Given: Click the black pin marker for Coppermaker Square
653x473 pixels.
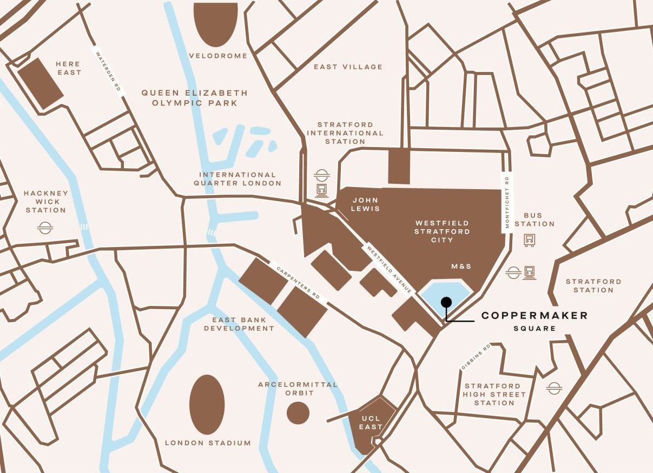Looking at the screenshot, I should tap(446, 302).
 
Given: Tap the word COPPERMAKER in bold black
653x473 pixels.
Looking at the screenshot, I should tap(534, 316).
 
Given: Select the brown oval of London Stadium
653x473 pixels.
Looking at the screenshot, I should tap(207, 404).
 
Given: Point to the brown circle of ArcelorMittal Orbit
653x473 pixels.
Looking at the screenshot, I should tap(298, 413).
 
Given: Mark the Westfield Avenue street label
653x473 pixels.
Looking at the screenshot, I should tap(389, 270).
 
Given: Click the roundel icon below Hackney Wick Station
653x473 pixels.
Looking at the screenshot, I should tap(44, 228).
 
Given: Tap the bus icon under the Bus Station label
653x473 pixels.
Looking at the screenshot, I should tap(529, 239).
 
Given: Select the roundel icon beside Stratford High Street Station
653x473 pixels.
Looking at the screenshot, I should tap(553, 388).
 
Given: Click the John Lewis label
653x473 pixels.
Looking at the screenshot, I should tap(365, 204).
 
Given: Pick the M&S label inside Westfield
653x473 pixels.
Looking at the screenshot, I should tap(461, 267).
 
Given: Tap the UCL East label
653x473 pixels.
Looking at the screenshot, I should tap(372, 422).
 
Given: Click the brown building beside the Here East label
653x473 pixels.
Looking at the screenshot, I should tap(40, 83).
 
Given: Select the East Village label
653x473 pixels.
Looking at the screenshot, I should tap(348, 67).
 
